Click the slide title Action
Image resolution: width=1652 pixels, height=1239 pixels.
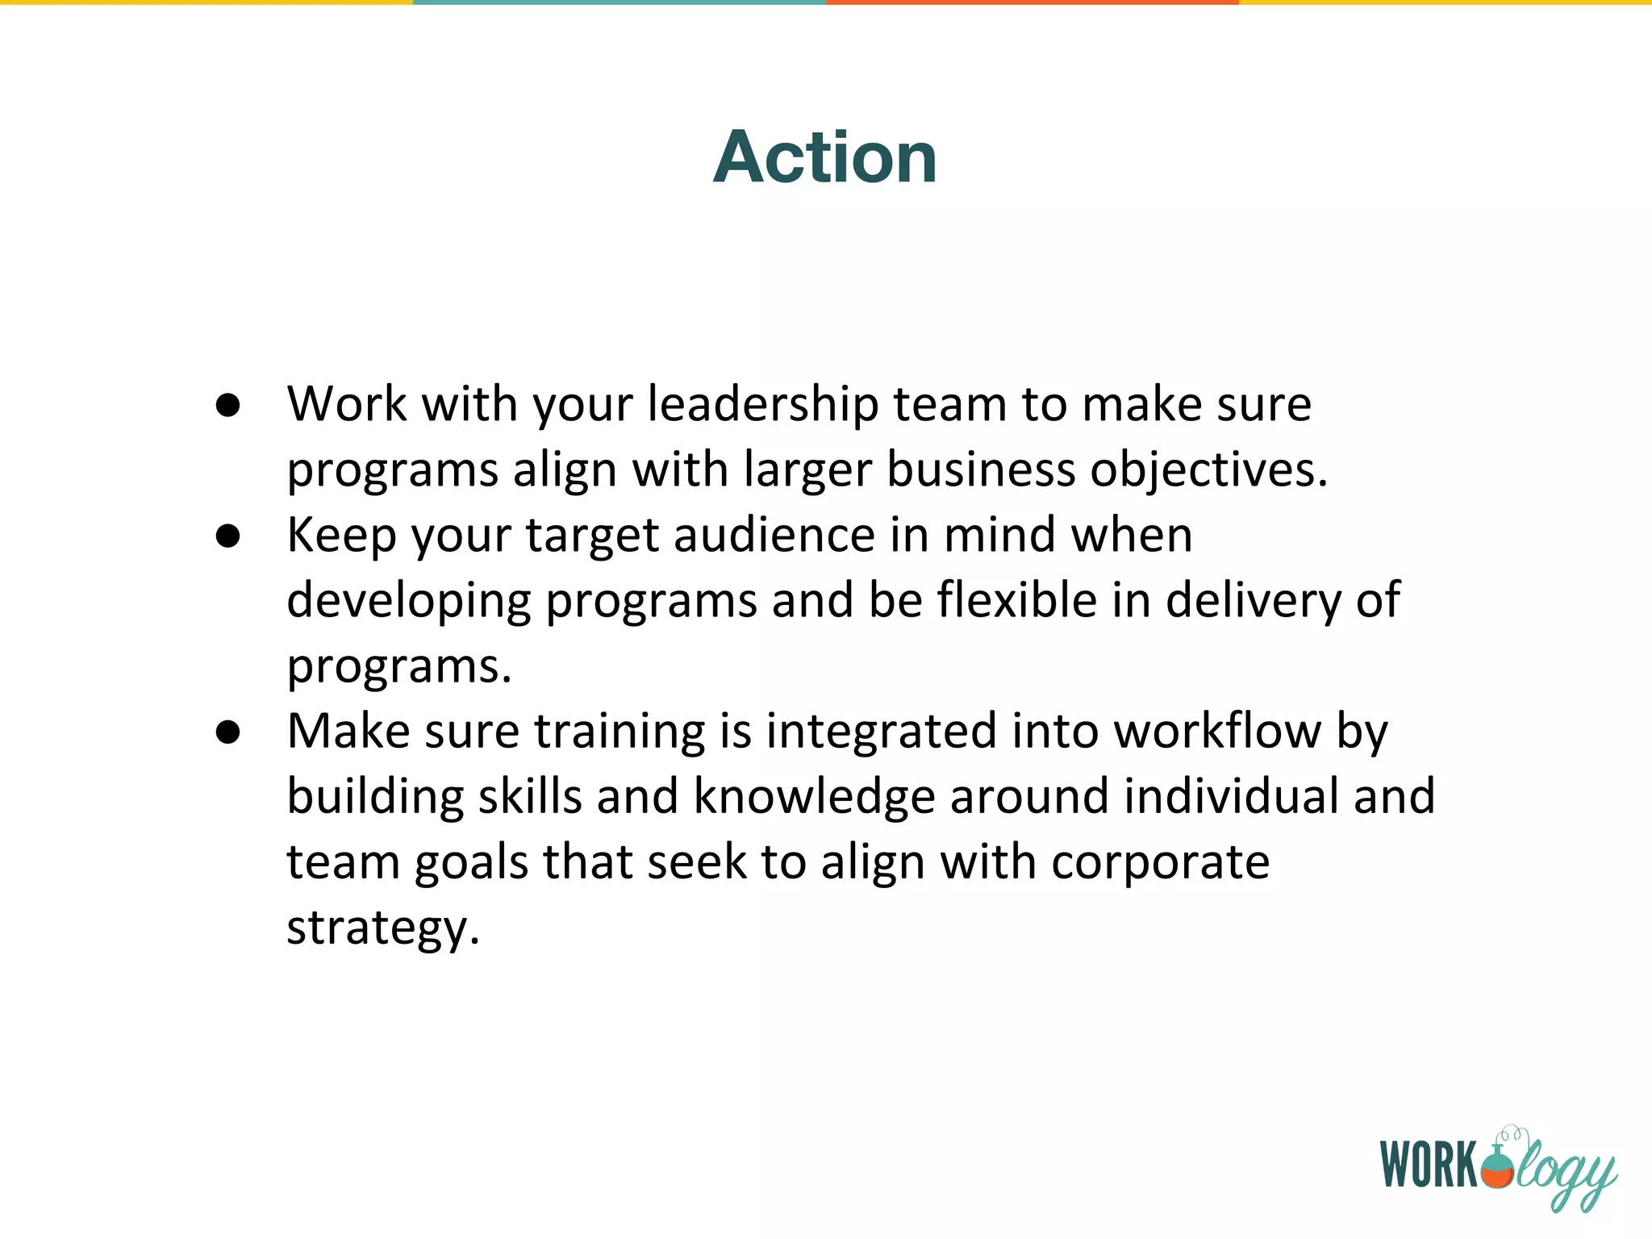[824, 157]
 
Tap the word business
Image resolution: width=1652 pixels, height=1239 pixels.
[981, 469]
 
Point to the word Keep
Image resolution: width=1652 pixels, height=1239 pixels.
[341, 536]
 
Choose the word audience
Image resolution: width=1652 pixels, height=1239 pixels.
[774, 536]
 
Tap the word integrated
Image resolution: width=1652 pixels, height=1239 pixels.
[881, 732]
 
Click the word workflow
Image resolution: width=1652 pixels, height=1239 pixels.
[1217, 732]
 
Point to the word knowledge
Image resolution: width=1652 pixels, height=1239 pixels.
[814, 798]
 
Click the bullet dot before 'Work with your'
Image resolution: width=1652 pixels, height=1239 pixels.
[228, 406]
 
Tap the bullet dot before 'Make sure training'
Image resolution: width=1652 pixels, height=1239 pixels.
[228, 732]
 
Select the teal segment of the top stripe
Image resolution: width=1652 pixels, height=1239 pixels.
[619, 2]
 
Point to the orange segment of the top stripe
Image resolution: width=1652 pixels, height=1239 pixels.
[1032, 2]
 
